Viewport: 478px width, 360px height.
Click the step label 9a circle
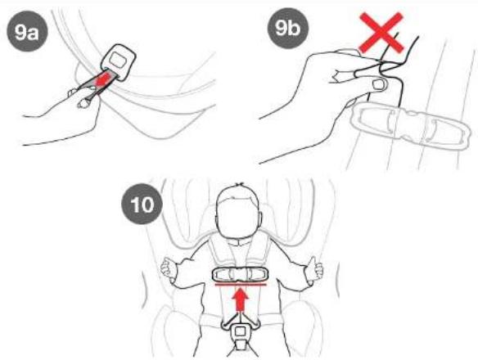coord(27,31)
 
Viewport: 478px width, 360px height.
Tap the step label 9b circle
coord(288,28)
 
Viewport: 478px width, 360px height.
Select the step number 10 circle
coord(142,204)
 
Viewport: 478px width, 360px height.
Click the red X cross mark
coord(381,33)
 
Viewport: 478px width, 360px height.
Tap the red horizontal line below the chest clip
coord(241,285)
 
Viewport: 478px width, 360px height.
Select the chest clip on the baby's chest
coord(240,274)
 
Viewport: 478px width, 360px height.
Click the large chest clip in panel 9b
coord(411,126)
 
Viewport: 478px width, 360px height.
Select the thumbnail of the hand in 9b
coord(379,83)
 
